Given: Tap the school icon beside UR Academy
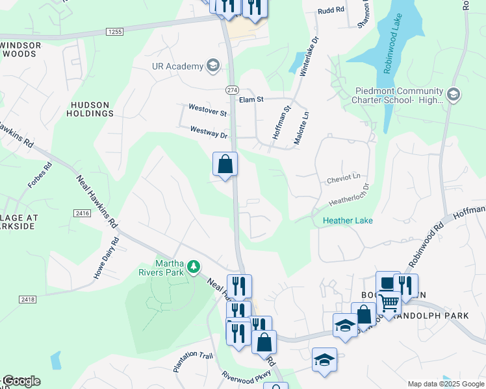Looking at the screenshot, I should tap(212, 65).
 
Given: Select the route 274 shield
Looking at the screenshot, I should tap(232, 89).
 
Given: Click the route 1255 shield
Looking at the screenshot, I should tap(115, 31).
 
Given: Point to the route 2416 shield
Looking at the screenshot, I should tap(81, 213).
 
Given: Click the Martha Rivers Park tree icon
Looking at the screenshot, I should tap(193, 266).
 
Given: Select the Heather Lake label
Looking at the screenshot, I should tap(348, 220).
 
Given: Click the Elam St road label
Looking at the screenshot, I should tap(251, 100).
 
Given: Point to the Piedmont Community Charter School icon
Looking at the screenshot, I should tap(454, 95).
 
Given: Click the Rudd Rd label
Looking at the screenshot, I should tap(329, 11).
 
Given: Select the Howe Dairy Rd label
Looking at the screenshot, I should tap(107, 259).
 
